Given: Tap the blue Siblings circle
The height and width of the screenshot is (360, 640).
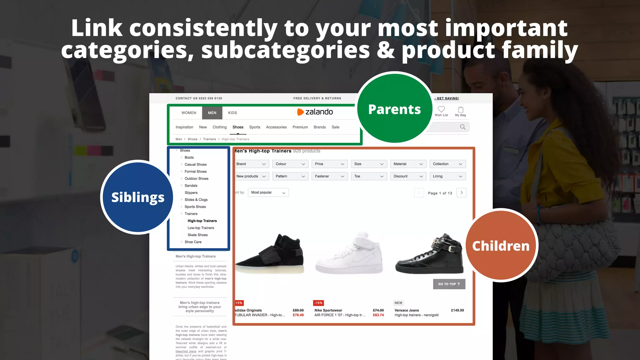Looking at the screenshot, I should [x=137, y=197].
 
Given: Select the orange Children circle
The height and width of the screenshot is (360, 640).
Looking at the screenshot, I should [x=501, y=246].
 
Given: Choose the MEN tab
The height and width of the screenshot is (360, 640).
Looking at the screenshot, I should [x=212, y=113].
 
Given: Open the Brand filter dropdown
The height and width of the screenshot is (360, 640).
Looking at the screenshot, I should [x=251, y=164].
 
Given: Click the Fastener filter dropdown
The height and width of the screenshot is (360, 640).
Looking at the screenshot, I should [x=329, y=176].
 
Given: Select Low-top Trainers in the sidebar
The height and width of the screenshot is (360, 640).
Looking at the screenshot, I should [x=201, y=228].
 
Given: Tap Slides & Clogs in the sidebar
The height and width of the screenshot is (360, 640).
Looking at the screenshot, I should [x=196, y=200].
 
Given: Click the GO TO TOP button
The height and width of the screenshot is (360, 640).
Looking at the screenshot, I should [x=449, y=284].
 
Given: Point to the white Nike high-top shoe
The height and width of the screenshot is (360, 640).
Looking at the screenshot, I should [x=349, y=255].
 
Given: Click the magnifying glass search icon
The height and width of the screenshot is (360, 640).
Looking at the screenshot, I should [x=462, y=127].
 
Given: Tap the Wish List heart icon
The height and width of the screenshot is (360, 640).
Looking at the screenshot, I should [x=441, y=109].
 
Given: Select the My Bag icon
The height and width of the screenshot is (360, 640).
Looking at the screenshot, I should [x=461, y=109].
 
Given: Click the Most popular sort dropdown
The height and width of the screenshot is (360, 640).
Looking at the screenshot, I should [x=268, y=192].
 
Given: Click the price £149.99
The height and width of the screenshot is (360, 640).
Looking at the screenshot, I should [x=457, y=310].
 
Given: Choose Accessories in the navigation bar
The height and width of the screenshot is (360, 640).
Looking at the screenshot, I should [x=276, y=127].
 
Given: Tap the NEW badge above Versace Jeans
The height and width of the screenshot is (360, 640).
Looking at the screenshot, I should [x=398, y=303].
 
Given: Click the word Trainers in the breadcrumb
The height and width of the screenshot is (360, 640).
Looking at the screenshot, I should [x=209, y=139].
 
